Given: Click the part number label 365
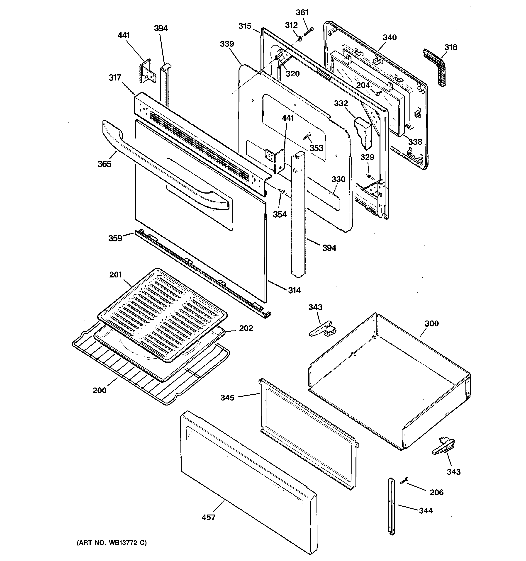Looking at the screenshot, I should (105, 164).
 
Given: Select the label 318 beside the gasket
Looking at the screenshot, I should (451, 47).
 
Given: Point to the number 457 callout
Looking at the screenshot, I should (209, 517).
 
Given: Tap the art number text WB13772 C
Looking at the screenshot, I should (112, 543).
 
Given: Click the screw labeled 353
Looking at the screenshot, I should (307, 136).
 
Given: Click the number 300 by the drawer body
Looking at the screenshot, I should (432, 323).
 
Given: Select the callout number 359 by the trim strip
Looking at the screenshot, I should (115, 238).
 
